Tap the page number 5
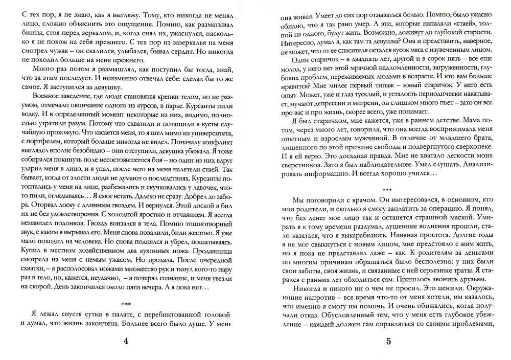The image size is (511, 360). [388, 342]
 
